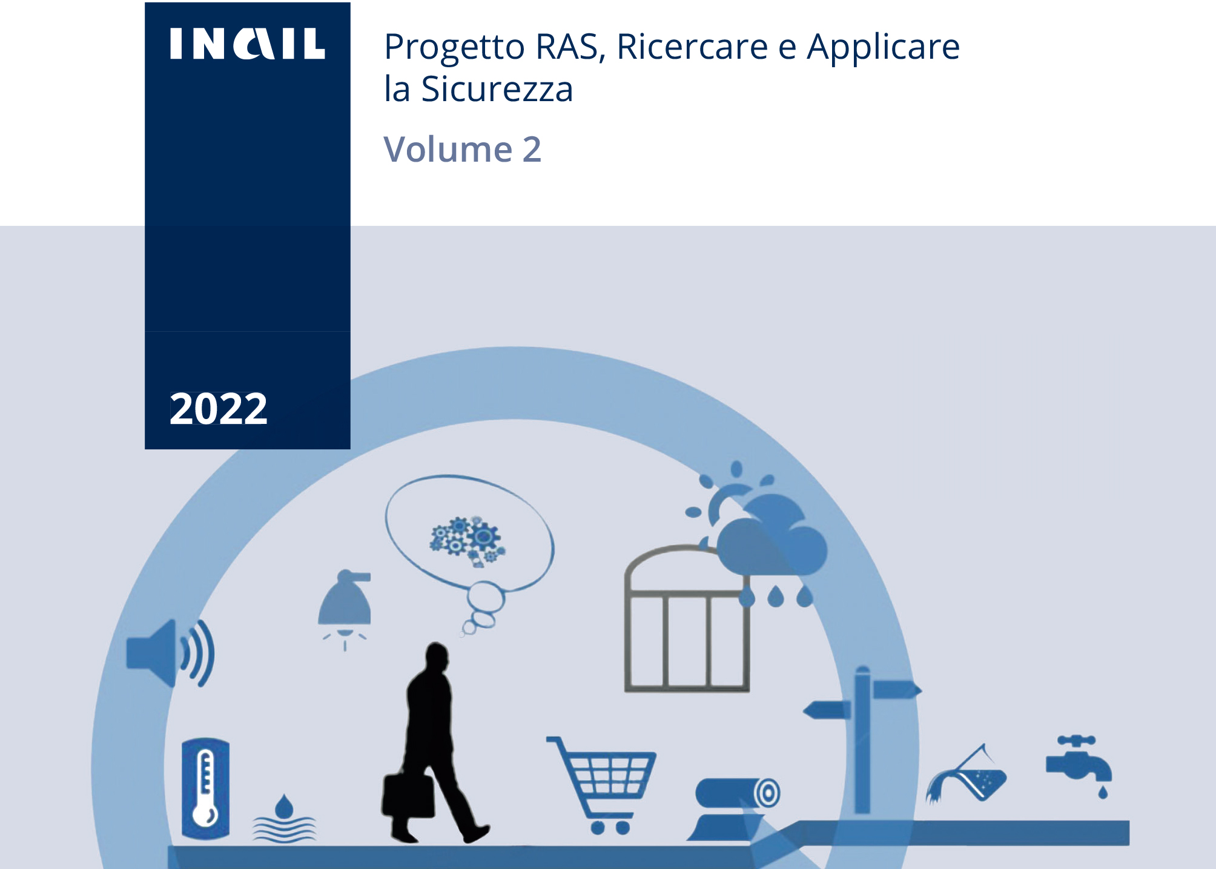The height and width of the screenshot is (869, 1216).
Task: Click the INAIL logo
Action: click(247, 44)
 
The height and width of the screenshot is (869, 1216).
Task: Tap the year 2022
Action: click(218, 408)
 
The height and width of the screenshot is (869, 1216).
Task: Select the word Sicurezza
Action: click(497, 89)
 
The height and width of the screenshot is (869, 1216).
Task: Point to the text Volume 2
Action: click(463, 149)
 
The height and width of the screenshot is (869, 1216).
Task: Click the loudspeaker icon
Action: click(170, 653)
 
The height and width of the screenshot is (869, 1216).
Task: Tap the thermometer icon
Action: click(206, 788)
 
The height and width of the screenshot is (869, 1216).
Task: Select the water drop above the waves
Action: click(284, 806)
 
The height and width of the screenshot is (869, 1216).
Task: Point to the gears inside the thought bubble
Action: click(467, 541)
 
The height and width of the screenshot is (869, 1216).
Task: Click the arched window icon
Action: click(687, 619)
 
